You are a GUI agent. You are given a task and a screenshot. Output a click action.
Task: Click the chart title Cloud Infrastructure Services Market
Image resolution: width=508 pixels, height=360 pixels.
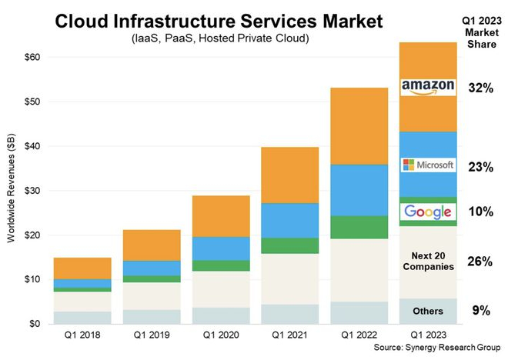click(219, 22)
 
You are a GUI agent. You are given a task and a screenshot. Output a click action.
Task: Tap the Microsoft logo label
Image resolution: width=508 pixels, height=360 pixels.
click(428, 165)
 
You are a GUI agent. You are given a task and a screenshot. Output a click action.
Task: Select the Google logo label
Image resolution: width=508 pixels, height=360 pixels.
click(428, 212)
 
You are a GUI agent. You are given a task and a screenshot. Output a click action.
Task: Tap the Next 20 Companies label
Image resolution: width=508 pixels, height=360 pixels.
click(427, 260)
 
